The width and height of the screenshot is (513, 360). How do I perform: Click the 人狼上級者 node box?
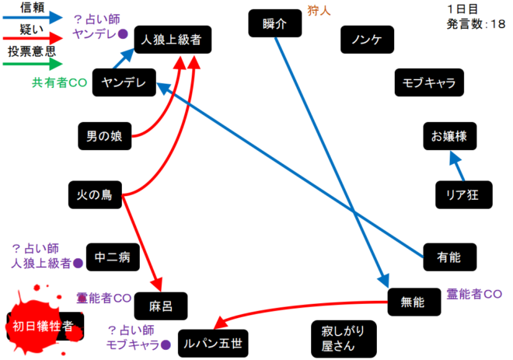tap(172, 40)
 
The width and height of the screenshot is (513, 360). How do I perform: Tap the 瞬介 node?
tap(270, 23)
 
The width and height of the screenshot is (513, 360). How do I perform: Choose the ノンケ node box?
tap(365, 40)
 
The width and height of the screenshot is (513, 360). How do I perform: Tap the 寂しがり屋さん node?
tap(343, 337)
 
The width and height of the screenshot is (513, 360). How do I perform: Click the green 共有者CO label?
tap(59, 82)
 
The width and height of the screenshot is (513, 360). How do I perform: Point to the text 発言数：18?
tap(476, 24)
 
